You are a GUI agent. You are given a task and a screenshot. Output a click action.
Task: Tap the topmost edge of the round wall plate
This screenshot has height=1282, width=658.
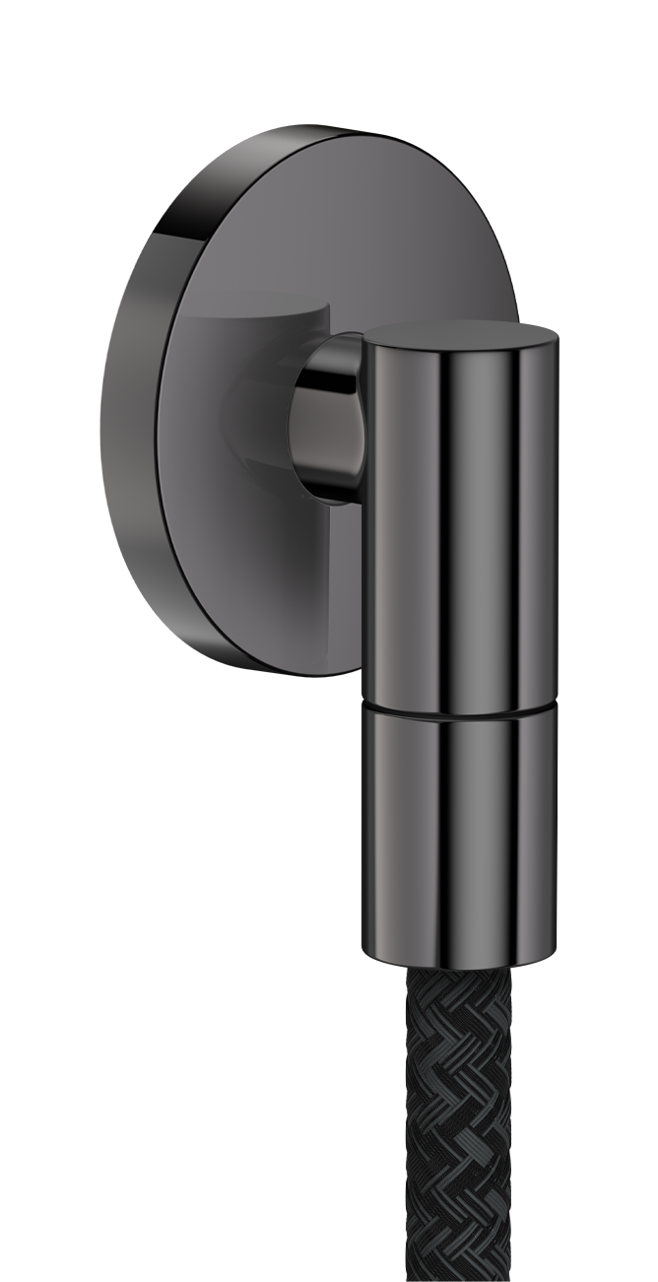click(325, 127)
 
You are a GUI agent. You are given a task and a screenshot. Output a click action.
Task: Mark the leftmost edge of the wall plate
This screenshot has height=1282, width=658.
click(101, 414)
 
